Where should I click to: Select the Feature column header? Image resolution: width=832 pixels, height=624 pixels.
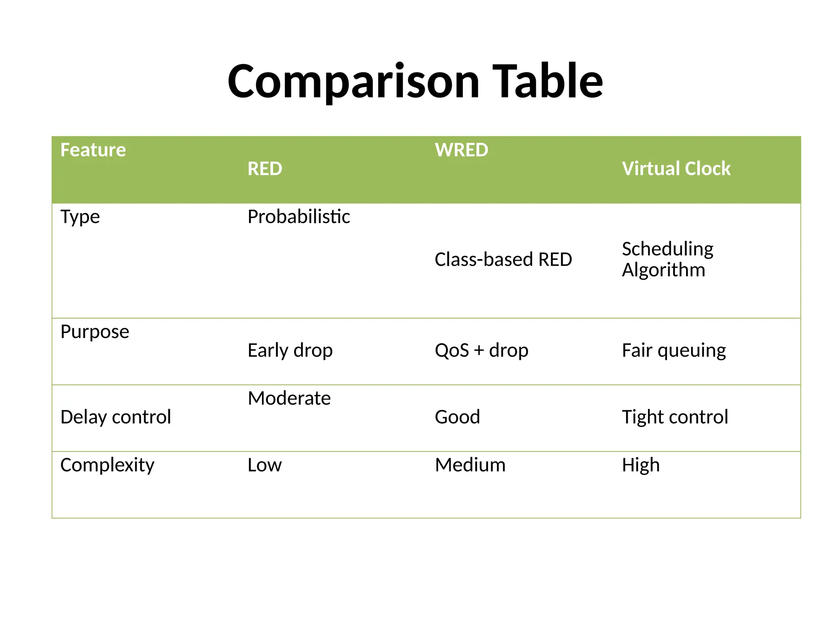(93, 150)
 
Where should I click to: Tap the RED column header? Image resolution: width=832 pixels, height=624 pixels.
(265, 169)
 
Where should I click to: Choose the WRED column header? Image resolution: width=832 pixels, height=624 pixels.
(461, 150)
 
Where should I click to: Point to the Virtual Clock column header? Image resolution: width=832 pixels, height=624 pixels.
(676, 169)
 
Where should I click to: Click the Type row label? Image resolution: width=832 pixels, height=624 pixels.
(80, 217)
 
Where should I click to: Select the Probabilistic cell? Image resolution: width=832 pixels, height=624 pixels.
(299, 217)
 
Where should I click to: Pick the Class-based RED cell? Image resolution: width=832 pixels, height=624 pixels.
(503, 260)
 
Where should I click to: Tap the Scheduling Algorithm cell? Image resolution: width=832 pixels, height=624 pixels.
(667, 259)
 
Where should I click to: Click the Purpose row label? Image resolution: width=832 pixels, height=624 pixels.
(95, 332)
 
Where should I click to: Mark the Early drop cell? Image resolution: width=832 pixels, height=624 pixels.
(290, 350)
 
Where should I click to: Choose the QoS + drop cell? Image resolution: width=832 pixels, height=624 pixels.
(481, 350)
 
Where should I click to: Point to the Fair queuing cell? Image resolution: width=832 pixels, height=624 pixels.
(674, 350)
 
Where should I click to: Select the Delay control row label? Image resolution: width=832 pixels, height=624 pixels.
(116, 417)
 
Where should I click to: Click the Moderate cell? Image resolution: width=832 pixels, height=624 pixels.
(289, 398)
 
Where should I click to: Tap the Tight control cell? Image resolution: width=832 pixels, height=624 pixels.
(675, 417)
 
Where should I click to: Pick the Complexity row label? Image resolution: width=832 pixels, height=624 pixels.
(107, 465)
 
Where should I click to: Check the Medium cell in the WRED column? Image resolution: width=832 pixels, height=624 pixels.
(470, 465)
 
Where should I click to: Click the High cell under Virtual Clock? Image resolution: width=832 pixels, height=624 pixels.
(641, 465)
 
